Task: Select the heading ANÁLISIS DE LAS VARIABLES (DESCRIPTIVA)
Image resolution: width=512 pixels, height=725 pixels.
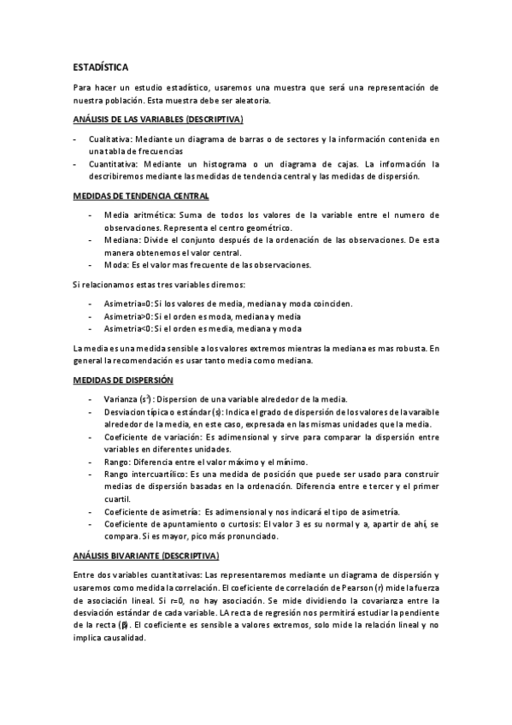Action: pos(157,118)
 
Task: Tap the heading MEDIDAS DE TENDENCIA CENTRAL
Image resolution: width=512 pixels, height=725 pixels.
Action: pos(139,197)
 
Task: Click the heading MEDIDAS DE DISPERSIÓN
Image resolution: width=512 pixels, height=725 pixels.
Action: pos(123,379)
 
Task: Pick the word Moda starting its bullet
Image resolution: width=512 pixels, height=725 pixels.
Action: pos(115,265)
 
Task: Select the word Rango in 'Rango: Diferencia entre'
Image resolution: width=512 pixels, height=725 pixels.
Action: pos(116,462)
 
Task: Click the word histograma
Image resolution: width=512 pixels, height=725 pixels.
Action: pos(227,160)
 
